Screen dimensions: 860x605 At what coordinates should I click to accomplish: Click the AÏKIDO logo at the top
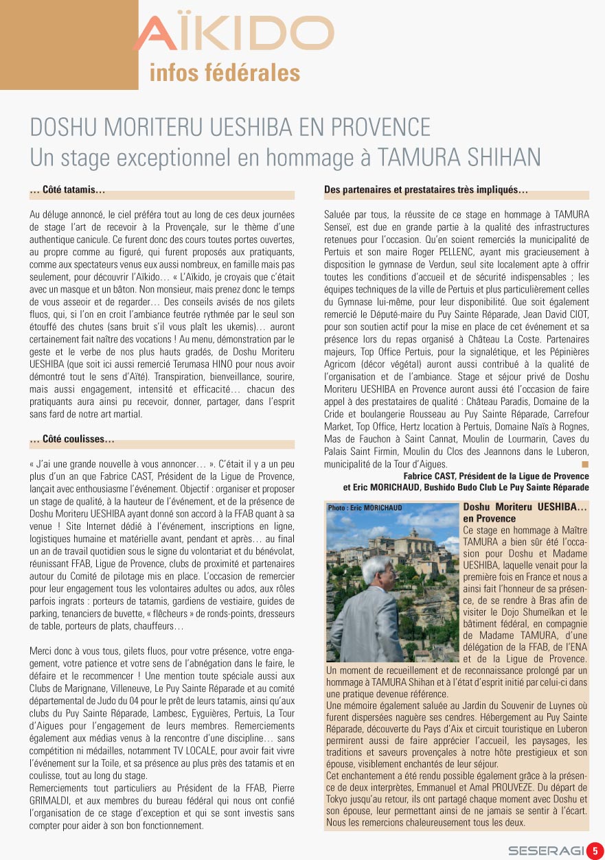point(233,34)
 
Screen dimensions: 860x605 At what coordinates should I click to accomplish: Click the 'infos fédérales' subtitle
point(225,73)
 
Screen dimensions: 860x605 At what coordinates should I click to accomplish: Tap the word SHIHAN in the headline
point(503,157)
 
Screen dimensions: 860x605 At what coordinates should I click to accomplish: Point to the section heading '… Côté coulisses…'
point(72,439)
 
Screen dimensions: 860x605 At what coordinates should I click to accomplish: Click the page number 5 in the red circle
point(595,850)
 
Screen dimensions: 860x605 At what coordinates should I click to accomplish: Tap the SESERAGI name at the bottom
point(545,851)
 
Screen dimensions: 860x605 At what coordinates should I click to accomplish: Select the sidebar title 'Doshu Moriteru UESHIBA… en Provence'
point(525,513)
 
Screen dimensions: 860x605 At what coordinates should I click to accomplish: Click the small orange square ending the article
point(585,465)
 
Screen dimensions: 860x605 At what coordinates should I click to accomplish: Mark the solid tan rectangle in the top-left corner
point(69,45)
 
